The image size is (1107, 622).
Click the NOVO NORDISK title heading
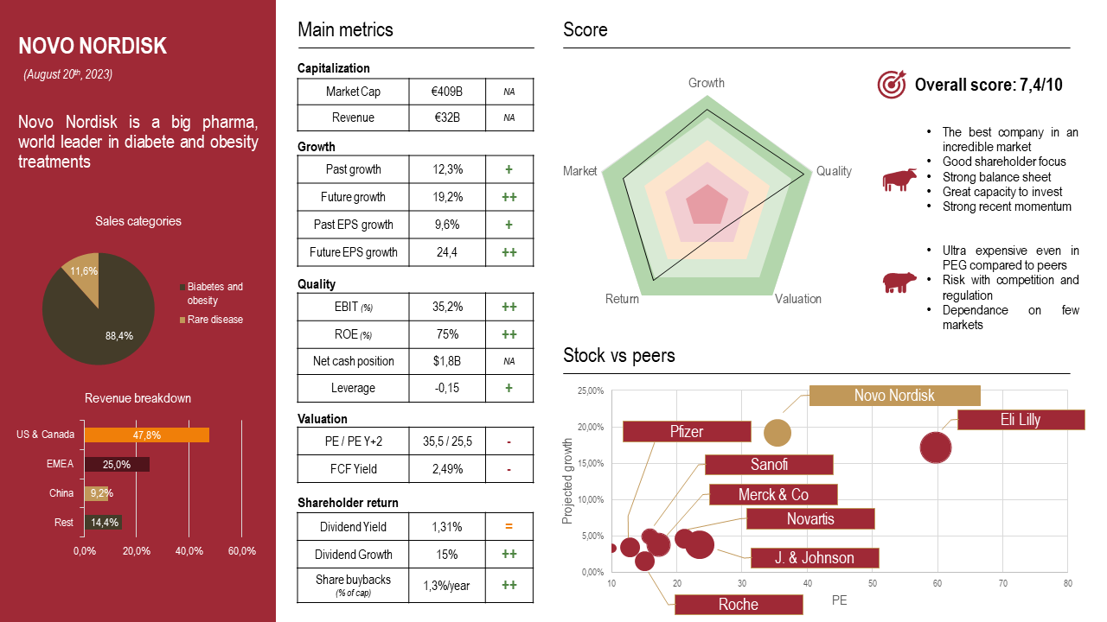tap(93, 46)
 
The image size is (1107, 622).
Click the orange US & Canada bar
tap(146, 435)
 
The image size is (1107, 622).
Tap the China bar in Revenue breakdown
tap(96, 493)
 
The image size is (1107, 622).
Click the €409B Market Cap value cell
tap(446, 91)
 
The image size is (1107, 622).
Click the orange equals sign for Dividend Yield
tap(509, 527)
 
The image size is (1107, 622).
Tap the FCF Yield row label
tap(353, 469)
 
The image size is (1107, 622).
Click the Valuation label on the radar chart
tap(797, 299)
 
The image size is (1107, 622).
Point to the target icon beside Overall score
tap(891, 84)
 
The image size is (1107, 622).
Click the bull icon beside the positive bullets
tap(899, 180)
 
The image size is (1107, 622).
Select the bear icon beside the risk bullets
tap(899, 282)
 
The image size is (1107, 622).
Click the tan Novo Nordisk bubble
tap(777, 433)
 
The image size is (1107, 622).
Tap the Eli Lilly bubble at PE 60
tap(936, 447)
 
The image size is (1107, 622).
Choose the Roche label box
tap(739, 605)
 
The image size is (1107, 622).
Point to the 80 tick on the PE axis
tap(1068, 584)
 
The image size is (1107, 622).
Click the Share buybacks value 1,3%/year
tap(446, 585)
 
